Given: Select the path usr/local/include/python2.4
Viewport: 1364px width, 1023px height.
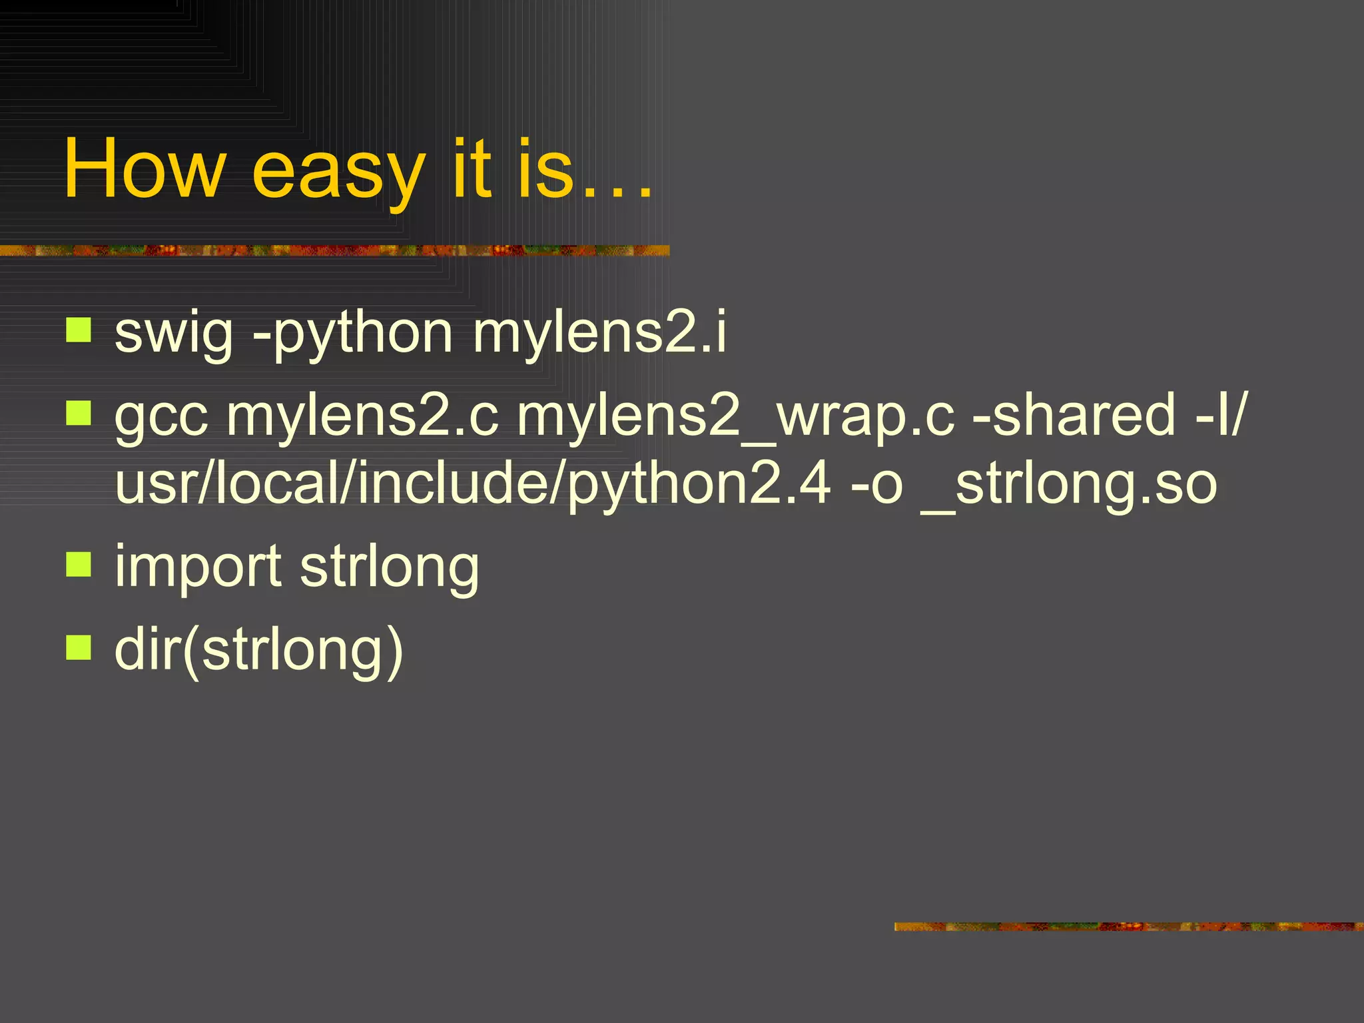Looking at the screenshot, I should (473, 485).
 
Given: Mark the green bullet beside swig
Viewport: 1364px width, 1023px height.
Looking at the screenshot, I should (79, 330).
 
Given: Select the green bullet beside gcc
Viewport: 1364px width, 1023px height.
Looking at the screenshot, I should (79, 413).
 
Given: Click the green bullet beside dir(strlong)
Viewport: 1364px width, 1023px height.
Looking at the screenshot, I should (79, 647).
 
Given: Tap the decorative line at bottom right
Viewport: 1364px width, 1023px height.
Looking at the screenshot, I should (1128, 926).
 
